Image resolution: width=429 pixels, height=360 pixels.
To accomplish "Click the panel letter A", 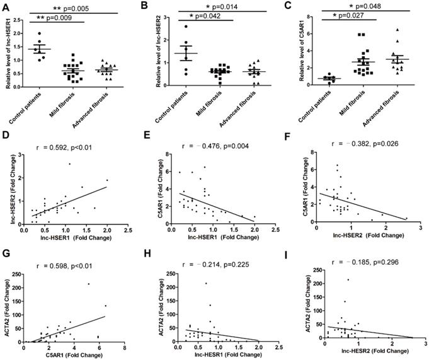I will (x=8, y=7).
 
